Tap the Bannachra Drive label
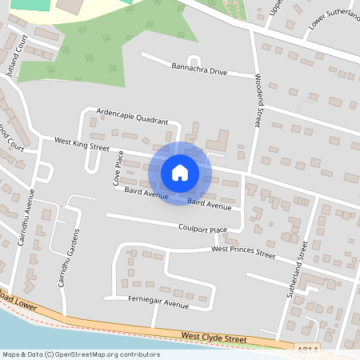(199, 69)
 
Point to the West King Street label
(82, 143)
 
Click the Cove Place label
(117, 169)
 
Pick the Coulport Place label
(202, 229)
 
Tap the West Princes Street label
(242, 252)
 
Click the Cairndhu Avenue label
(26, 216)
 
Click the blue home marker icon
(180, 173)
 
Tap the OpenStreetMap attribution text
(81, 354)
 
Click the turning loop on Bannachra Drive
(192, 60)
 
